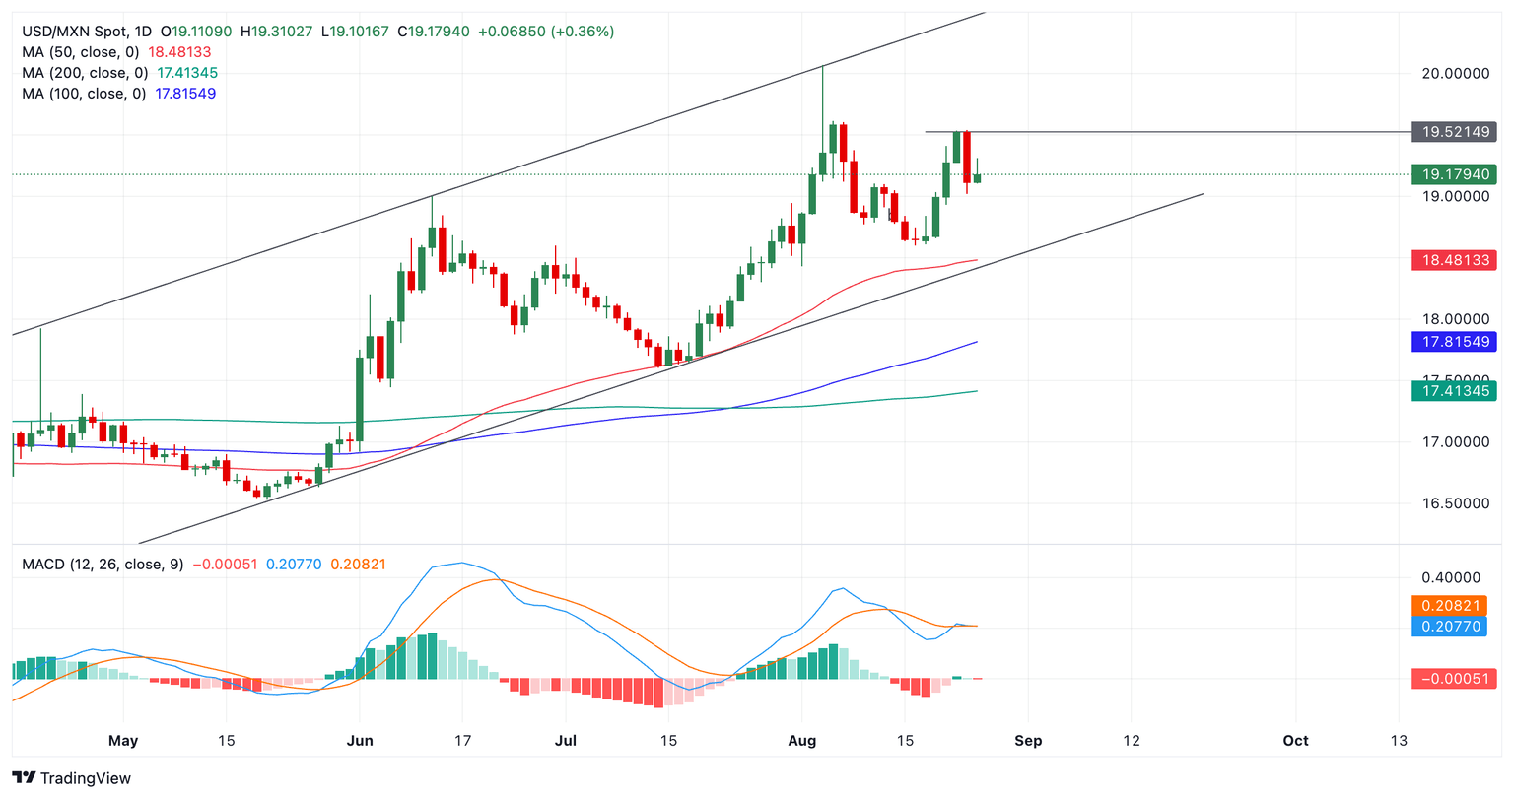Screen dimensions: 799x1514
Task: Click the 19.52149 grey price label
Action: tap(1454, 132)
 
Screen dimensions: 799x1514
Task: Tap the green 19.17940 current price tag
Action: tap(1454, 174)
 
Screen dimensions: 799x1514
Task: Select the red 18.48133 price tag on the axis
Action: tap(1454, 261)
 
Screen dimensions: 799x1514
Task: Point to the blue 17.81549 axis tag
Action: tap(1454, 342)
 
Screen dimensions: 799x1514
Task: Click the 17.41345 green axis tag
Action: tap(1454, 391)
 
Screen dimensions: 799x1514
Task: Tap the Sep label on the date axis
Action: tap(1028, 740)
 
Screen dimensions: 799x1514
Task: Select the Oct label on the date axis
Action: tap(1295, 740)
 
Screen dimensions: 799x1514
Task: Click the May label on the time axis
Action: tap(123, 740)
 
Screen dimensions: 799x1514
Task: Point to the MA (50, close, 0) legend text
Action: tap(80, 52)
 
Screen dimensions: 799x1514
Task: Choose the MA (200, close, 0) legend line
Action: tap(85, 73)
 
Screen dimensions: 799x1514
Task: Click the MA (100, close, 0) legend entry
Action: tap(85, 94)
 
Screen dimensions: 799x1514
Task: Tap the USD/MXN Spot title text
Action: tap(74, 32)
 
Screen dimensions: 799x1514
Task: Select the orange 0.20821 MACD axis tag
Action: tap(1449, 605)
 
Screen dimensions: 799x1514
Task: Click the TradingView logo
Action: tap(72, 778)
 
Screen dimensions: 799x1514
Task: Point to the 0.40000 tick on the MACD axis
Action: tap(1449, 577)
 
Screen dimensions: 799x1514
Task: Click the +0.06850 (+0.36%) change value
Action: tap(546, 32)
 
